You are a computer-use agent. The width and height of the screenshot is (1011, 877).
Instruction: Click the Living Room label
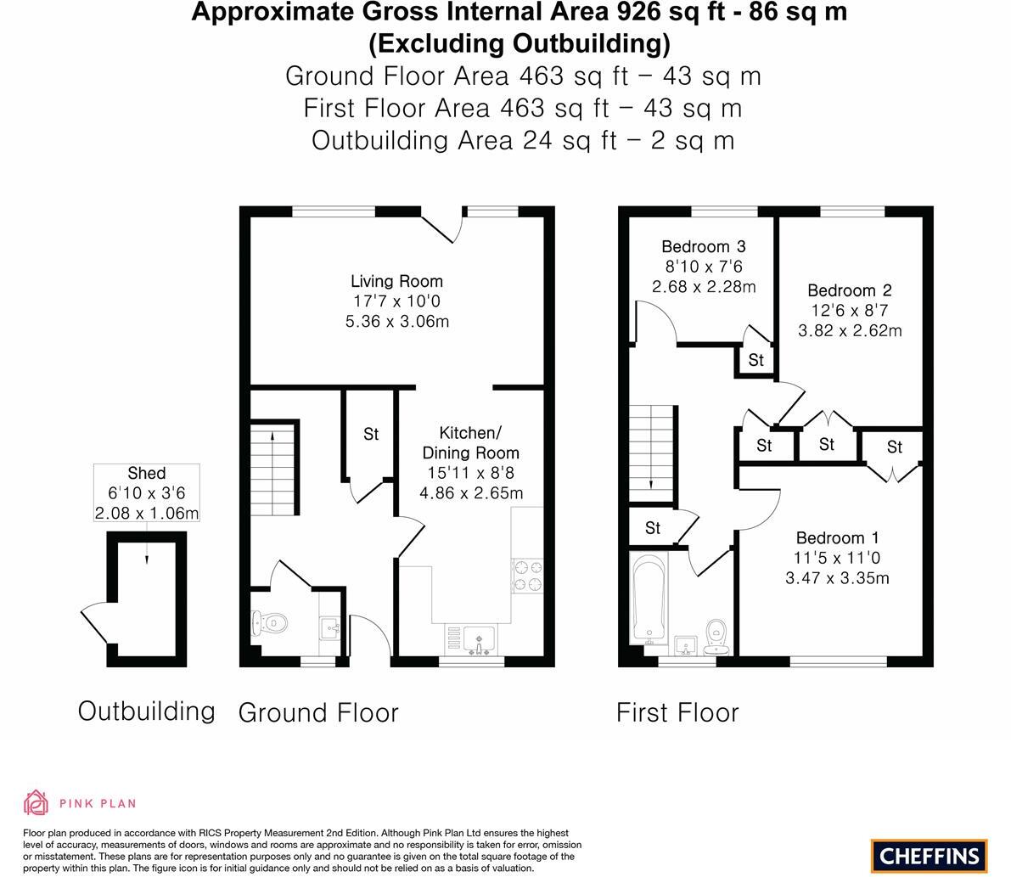(x=396, y=281)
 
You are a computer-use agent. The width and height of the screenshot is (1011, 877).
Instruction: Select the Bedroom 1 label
(x=837, y=538)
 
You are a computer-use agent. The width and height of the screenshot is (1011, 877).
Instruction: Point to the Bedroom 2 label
(x=849, y=290)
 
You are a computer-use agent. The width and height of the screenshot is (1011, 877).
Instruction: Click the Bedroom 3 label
(x=703, y=247)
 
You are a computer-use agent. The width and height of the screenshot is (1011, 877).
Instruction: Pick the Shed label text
(x=146, y=474)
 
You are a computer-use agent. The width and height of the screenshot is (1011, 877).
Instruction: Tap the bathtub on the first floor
(x=649, y=599)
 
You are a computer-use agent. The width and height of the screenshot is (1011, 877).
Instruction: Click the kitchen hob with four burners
(x=526, y=575)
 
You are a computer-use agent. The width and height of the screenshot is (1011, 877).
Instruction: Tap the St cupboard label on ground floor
(x=371, y=435)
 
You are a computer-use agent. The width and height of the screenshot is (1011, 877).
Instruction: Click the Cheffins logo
(x=929, y=856)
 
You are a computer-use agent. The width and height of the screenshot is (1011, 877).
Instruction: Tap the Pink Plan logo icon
(x=37, y=802)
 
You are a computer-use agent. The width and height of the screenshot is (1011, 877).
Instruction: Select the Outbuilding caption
(x=146, y=711)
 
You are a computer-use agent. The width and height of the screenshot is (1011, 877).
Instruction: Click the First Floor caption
(x=677, y=712)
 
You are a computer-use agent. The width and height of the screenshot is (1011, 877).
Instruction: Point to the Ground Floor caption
(x=318, y=712)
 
